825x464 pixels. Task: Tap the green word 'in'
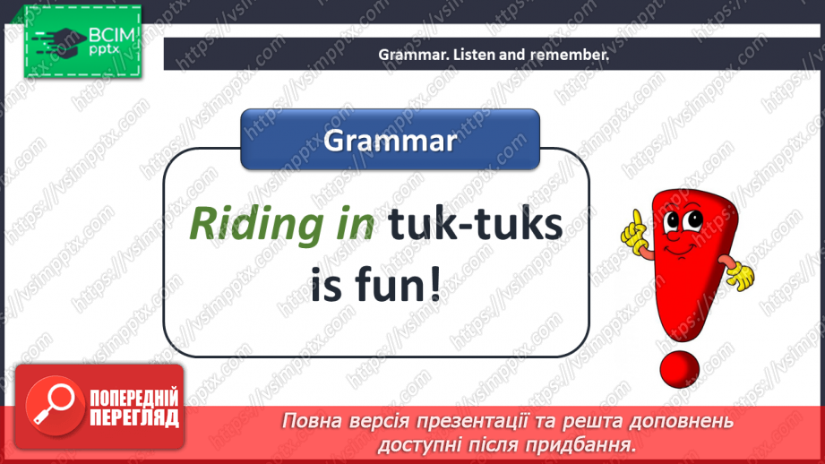coord(353,223)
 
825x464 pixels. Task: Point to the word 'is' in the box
coord(326,284)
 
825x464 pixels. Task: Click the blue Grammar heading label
coord(390,140)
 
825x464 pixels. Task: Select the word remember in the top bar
coord(570,55)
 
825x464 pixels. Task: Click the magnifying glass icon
coord(55,405)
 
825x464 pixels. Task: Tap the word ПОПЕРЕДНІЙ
coord(134,399)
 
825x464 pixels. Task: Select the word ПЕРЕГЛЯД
coord(134,418)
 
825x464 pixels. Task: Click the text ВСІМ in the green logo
coord(112,35)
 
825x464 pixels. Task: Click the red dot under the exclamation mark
coord(679,369)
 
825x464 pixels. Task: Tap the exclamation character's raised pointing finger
coord(638,219)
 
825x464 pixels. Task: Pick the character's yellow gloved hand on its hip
coord(741,275)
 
